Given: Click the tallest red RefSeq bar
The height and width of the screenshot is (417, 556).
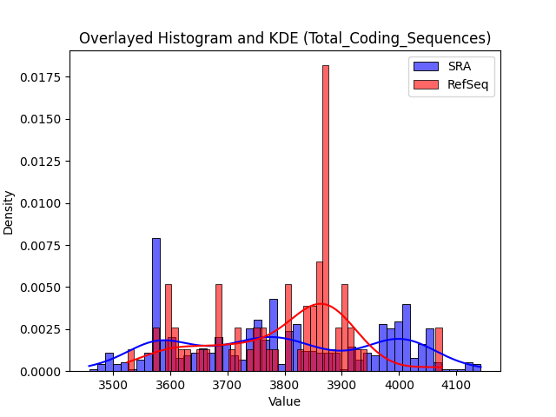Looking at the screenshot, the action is [x=326, y=218].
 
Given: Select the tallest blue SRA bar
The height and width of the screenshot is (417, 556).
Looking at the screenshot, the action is [x=156, y=305].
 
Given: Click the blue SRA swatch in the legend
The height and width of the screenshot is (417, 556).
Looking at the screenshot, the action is [x=426, y=66].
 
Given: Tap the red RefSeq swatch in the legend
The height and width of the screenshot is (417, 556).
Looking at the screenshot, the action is [x=426, y=84].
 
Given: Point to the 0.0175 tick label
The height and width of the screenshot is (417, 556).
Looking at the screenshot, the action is [x=40, y=77].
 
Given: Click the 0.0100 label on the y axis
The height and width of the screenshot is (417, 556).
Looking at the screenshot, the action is [x=40, y=203].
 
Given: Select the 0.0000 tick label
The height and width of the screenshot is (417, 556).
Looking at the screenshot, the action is [x=40, y=372].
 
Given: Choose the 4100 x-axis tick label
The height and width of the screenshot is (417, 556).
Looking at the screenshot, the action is [x=456, y=385].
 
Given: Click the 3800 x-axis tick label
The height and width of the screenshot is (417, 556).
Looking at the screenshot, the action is [x=285, y=385].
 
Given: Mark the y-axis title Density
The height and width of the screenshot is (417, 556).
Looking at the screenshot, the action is [x=8, y=213].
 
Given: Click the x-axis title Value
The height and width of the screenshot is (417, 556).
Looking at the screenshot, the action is [x=284, y=401].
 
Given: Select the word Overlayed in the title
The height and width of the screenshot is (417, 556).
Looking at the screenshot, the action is [x=116, y=38].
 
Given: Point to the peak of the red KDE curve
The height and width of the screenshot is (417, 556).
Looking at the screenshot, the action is [x=321, y=303].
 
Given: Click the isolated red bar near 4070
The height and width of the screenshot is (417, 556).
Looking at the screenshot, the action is [x=439, y=349].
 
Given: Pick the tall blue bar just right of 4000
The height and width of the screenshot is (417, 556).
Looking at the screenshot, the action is [x=407, y=338].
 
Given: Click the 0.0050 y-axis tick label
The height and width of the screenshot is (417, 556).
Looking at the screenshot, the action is [x=40, y=288].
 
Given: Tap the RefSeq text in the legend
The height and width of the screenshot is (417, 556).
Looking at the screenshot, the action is [x=467, y=85].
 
